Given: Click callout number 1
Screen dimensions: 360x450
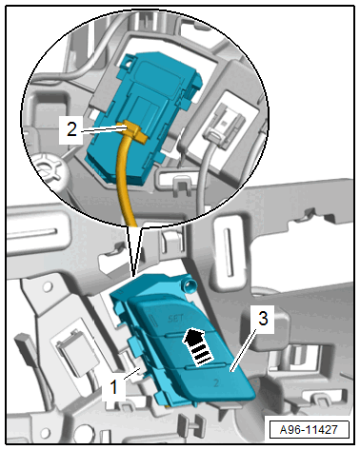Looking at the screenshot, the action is point(113,387).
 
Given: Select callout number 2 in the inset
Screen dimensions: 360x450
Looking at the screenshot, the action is point(71,129).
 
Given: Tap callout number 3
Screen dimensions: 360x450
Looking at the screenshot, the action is point(263,318).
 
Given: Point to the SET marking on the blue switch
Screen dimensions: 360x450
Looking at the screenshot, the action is point(175,318).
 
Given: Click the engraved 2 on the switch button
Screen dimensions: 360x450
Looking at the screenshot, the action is point(216,382).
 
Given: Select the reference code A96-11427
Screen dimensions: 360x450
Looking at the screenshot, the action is point(309,430).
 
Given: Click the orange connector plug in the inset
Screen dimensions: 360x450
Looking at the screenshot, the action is point(133,130).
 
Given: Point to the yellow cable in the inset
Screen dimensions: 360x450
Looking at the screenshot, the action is point(125,178).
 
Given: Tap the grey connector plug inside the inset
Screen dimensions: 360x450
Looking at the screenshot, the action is point(223,125).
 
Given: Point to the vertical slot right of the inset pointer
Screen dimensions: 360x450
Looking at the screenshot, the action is point(228,252).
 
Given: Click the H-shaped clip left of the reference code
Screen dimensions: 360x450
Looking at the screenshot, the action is point(194,422).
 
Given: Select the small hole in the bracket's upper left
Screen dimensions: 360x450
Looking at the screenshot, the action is point(48,287).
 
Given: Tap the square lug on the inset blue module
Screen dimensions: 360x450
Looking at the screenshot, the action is point(130,60).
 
